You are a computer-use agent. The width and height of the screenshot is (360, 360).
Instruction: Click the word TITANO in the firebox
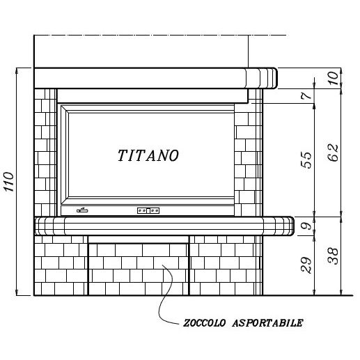point(148,155)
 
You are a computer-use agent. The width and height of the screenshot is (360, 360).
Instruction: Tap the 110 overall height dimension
point(9,182)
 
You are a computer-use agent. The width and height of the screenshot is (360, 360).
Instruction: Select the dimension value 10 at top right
point(334,78)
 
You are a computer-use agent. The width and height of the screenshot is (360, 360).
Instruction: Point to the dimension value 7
point(306,95)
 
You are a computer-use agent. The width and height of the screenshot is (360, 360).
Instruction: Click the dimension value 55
point(306,159)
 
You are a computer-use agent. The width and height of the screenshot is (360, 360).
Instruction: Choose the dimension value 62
point(334,152)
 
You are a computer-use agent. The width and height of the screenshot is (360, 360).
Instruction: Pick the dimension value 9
point(307,226)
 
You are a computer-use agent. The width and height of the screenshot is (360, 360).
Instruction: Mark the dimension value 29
point(306,265)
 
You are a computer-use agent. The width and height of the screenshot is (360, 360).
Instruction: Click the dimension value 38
point(334,256)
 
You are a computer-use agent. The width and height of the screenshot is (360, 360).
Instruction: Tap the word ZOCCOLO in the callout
point(204,323)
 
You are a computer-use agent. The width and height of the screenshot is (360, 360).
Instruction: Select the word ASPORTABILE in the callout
point(267,323)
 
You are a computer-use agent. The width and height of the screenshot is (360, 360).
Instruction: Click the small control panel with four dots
point(148,210)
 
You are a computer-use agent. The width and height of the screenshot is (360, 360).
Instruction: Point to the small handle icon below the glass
point(82,210)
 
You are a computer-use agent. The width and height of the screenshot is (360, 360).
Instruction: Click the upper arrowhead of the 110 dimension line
point(17,70)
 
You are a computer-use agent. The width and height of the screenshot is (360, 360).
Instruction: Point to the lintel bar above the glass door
point(152,96)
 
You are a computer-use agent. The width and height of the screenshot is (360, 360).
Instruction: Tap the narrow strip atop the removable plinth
point(139,240)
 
